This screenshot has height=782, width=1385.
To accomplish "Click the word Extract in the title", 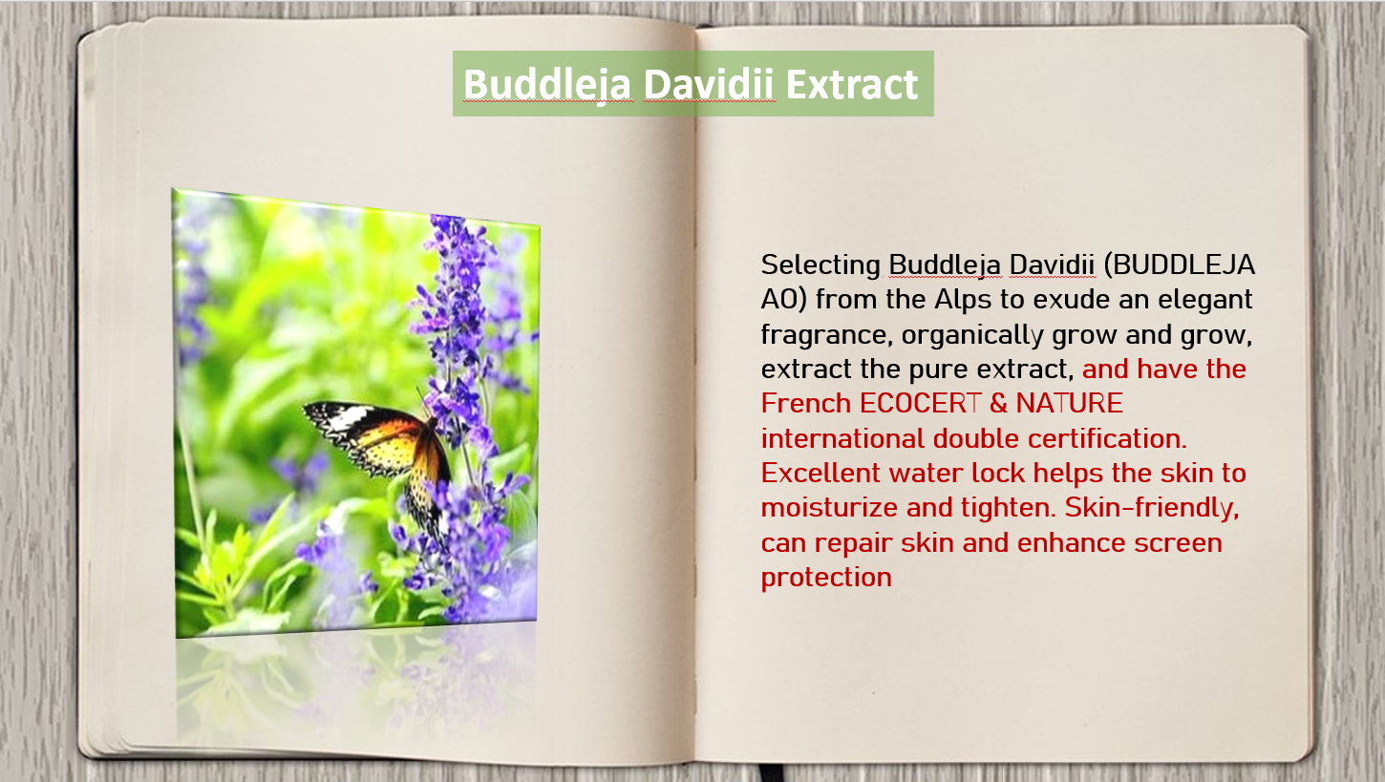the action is [851, 84].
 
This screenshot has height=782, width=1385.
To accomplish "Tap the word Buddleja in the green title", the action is [548, 85].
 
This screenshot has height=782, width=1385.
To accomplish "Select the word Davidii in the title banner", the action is [709, 84].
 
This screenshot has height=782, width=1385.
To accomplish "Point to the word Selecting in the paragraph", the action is [820, 265].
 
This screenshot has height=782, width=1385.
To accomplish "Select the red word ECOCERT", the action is [921, 404].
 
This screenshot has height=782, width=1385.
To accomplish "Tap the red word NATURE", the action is [1069, 404].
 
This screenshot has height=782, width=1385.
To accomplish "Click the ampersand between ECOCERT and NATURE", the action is [998, 404].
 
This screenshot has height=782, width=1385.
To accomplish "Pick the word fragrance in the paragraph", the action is [826, 335].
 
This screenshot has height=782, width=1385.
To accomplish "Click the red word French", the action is [806, 404].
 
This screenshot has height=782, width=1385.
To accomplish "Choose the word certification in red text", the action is [1107, 438].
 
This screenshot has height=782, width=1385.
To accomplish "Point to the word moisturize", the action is [829, 508].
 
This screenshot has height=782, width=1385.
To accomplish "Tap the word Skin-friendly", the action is [1151, 508].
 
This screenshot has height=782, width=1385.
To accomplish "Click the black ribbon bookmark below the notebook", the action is [772, 772].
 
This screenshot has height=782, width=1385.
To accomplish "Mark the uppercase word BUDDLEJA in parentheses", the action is [1179, 265].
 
